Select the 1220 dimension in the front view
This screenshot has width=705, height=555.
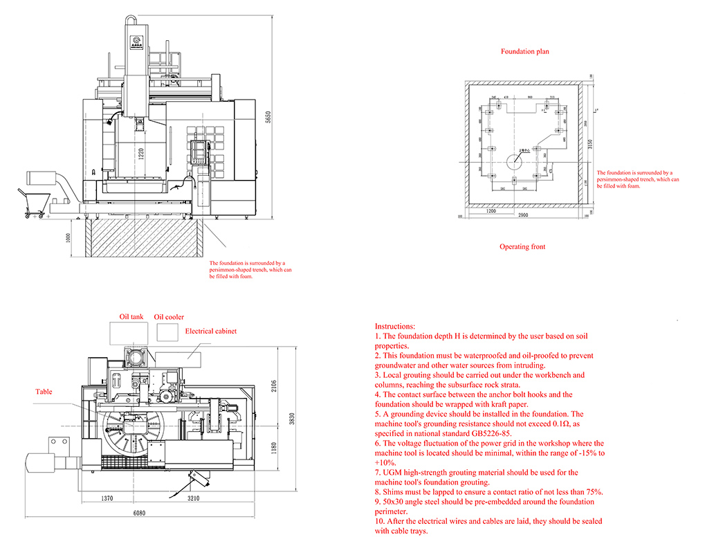[x=140, y=154]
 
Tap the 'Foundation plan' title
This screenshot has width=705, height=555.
[x=524, y=52]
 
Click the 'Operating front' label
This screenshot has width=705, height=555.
[x=523, y=247]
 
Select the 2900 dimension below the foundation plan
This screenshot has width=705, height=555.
[x=523, y=217]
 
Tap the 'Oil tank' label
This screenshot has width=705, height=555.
[x=131, y=317]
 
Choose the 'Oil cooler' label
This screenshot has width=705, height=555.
[x=169, y=317]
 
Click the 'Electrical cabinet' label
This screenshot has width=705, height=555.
[x=211, y=331]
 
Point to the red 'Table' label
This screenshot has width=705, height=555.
[x=44, y=392]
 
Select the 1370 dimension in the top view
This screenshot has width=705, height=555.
[x=107, y=498]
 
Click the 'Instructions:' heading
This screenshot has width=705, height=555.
[x=395, y=326]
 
